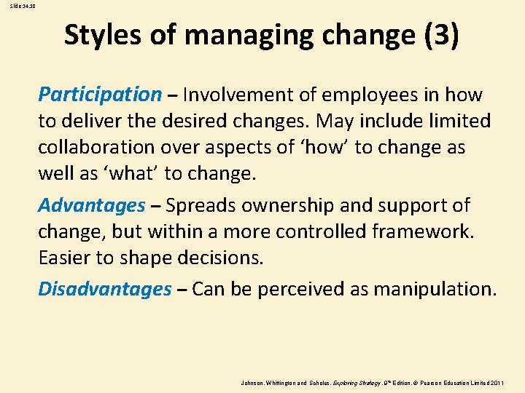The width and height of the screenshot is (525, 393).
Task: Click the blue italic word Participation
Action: coord(100,95)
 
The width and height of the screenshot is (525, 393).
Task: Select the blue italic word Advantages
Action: coord(92,206)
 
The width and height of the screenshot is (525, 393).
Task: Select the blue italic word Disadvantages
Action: coord(104,290)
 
